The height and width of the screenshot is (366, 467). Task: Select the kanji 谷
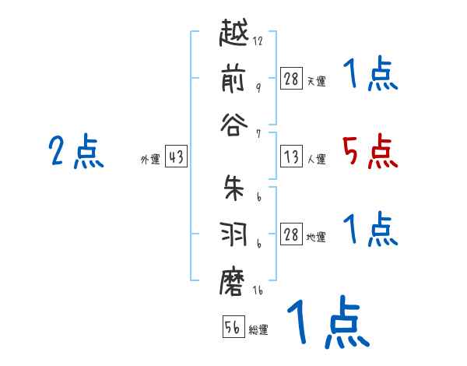[x=234, y=125]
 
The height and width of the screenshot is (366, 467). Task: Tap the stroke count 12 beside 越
[x=258, y=41]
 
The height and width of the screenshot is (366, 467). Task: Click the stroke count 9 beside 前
[x=258, y=88]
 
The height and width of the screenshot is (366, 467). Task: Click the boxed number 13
[x=291, y=157]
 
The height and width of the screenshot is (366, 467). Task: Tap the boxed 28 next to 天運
[x=291, y=79]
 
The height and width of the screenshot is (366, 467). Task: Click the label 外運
[x=151, y=160]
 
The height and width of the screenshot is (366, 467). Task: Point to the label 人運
[x=317, y=160]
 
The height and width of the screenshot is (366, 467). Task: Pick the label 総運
[x=258, y=329]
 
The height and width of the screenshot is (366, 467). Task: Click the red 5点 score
[x=370, y=152]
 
